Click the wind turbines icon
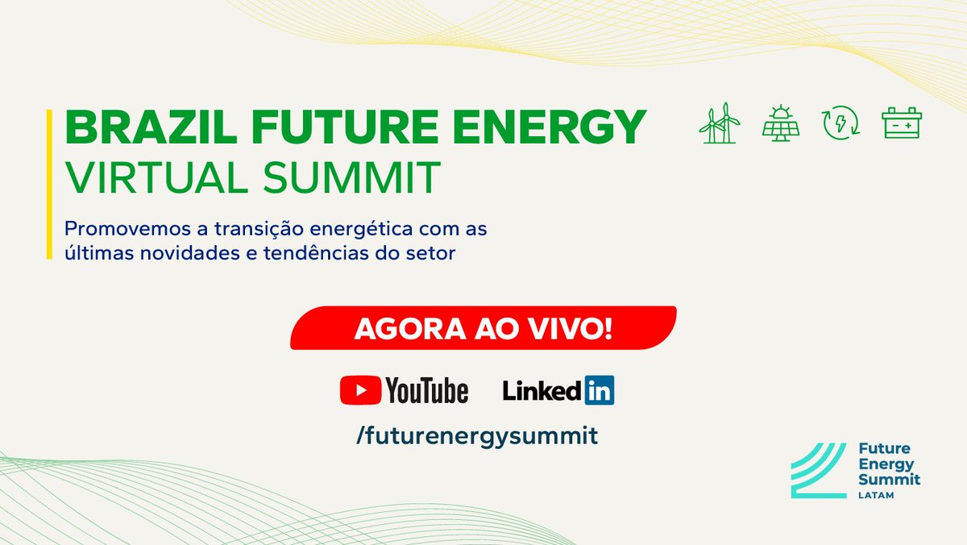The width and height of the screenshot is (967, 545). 720,123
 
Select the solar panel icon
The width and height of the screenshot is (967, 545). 780,124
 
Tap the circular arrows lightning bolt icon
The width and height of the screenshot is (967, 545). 840,123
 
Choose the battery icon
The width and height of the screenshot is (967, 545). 902,123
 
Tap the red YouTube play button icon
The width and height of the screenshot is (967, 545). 360,391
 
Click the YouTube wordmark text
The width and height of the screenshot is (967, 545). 426,391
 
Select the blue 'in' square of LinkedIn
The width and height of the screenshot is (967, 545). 599,390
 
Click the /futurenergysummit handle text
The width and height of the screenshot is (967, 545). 477,436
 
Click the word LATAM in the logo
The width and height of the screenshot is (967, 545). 876,494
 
